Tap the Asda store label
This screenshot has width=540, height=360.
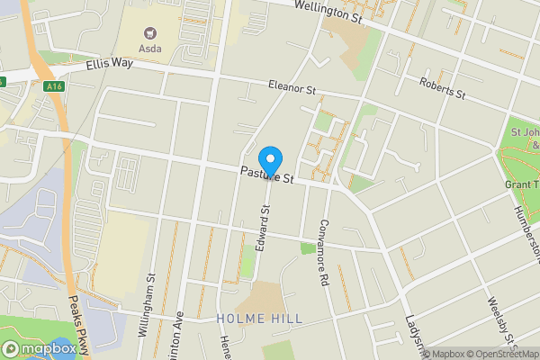pos(150,48)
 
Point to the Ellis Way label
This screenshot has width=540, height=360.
pos(110,65)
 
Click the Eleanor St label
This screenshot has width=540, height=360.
pos(292,88)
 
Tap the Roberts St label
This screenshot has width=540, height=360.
pos(442,88)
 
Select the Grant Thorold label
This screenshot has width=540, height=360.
pos(521,184)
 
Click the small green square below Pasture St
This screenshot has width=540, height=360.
pos(308,247)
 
